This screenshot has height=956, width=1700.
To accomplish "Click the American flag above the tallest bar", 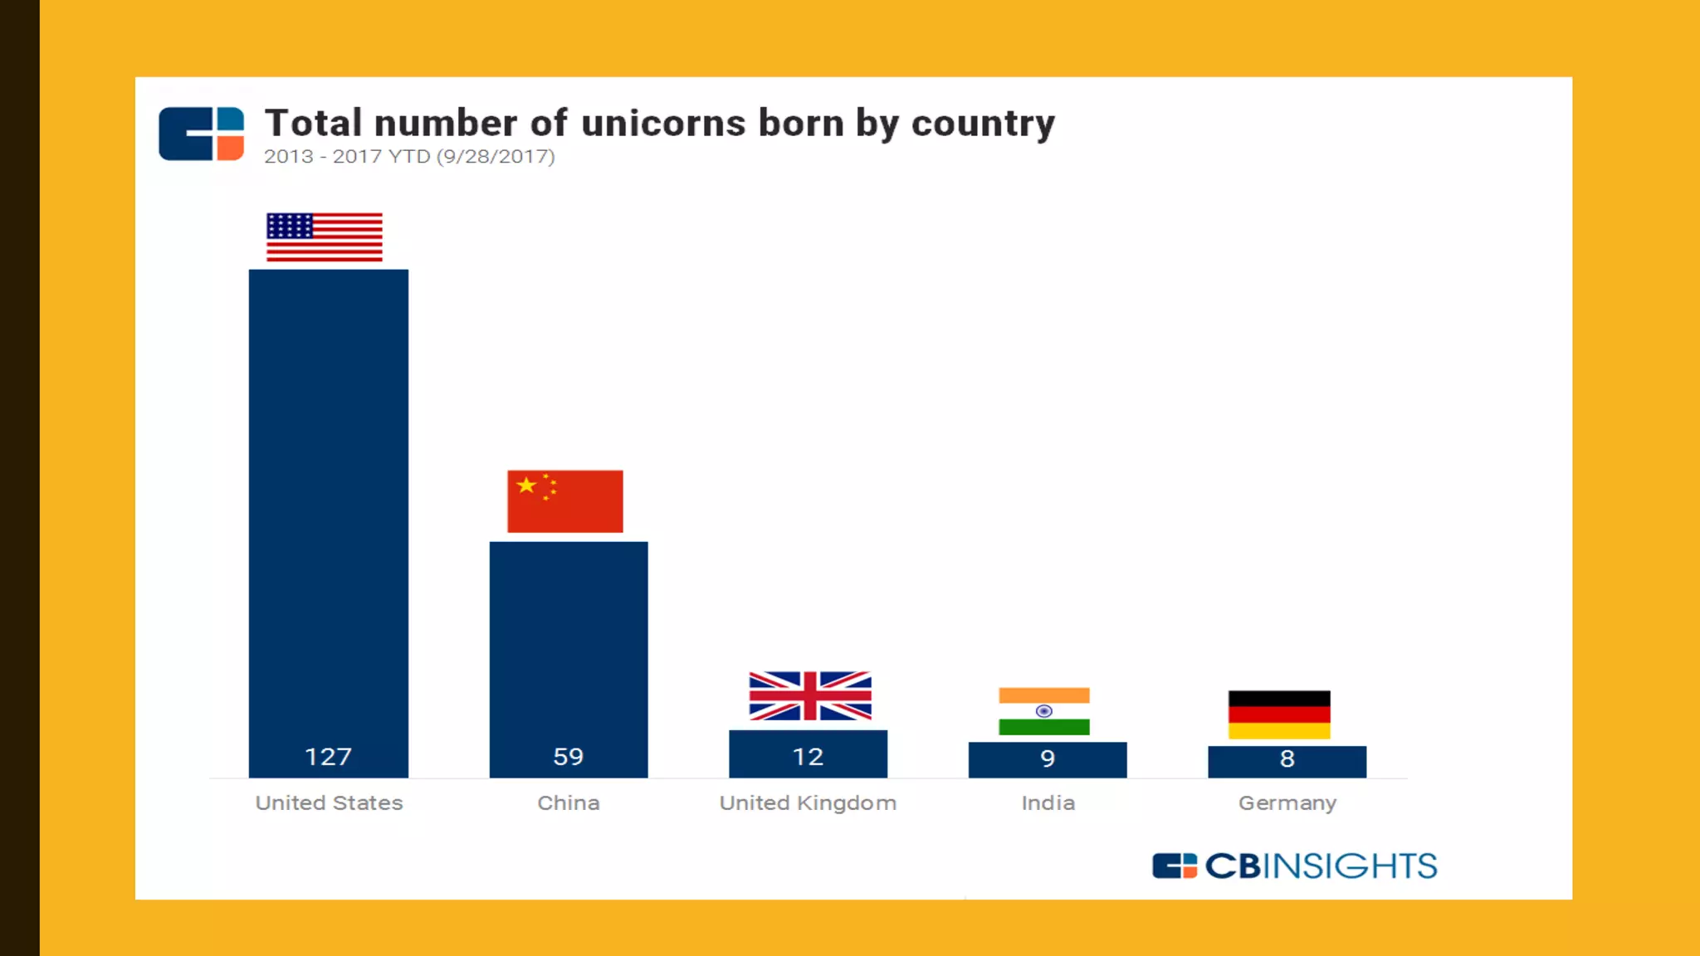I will (324, 237).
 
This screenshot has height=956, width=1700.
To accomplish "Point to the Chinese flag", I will (564, 501).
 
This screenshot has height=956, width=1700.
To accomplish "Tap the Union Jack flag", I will (810, 695).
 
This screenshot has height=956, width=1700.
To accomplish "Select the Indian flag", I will (1043, 711).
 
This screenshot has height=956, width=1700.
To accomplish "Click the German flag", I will (1279, 715).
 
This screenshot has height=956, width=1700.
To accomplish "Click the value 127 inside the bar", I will (328, 757).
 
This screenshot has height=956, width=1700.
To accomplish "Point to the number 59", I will (568, 757).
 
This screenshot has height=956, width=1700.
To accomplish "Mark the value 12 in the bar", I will (808, 757).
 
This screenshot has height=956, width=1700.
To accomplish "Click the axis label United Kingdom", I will (808, 803).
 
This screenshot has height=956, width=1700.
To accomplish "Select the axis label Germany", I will (1287, 803).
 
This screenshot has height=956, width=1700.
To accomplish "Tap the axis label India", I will (1048, 803).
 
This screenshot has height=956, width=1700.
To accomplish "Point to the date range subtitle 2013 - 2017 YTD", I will (346, 157).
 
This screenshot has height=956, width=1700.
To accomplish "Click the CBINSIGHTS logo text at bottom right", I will (1320, 866).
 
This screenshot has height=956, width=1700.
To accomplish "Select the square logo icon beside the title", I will (201, 134).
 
